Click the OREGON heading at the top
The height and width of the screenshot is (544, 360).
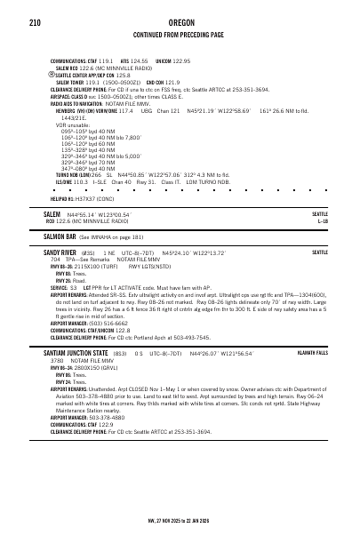pos(180,21)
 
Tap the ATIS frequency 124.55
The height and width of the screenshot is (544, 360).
pos(140,60)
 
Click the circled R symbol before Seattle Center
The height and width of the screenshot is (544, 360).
pos(52,76)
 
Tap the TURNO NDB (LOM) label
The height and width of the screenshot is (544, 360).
pos(71,175)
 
